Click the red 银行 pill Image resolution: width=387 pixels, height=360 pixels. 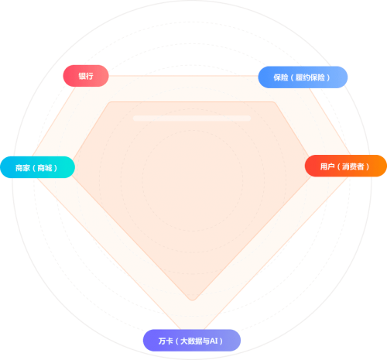click(x=86, y=76)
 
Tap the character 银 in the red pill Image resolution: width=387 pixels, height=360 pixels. click(x=82, y=76)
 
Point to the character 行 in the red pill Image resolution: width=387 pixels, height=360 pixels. click(x=90, y=76)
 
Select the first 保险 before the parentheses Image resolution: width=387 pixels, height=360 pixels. click(x=281, y=77)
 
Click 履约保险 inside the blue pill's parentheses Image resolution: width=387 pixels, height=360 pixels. click(x=310, y=77)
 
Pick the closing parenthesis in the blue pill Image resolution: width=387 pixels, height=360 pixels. click(x=328, y=77)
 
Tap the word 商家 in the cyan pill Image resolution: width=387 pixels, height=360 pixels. click(x=22, y=168)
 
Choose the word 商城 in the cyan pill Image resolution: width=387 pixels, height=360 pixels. click(x=45, y=168)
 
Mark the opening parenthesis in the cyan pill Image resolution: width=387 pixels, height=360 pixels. click(x=34, y=168)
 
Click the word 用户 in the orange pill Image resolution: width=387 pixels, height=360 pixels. click(x=327, y=166)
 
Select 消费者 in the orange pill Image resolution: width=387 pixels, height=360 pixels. click(x=353, y=166)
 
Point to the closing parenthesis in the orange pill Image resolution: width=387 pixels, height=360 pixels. click(x=368, y=166)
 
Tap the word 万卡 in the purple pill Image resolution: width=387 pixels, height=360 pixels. click(x=166, y=341)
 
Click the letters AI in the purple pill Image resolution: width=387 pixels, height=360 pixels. click(x=214, y=341)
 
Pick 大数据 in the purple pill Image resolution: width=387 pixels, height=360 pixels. click(x=191, y=341)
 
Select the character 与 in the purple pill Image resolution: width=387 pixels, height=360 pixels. click(x=206, y=341)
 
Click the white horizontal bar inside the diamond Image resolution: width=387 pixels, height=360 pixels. click(x=192, y=118)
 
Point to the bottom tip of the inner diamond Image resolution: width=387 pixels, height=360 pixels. click(x=192, y=300)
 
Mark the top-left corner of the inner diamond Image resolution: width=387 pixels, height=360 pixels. click(x=109, y=102)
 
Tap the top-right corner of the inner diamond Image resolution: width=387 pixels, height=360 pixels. click(x=274, y=102)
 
